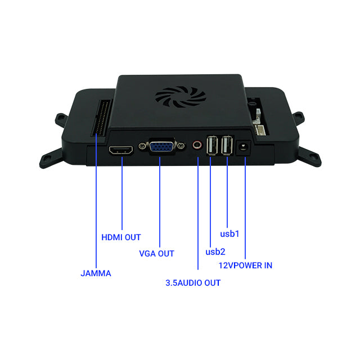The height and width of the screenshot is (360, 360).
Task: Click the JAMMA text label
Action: [96, 273]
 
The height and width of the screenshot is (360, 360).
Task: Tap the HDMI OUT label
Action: [121, 237]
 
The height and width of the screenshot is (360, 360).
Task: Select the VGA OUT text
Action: [156, 253]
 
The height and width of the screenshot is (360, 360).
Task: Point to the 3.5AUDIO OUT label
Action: [193, 283]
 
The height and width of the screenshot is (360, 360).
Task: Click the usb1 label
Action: [229, 233]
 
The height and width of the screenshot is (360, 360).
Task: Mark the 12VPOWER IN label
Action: [245, 265]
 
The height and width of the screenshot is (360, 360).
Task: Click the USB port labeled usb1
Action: [227, 146]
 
